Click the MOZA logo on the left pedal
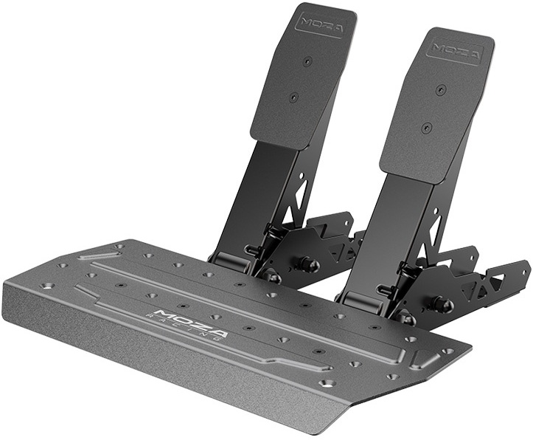(321, 23)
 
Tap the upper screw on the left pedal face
(307, 61)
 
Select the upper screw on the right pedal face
(440, 89)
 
